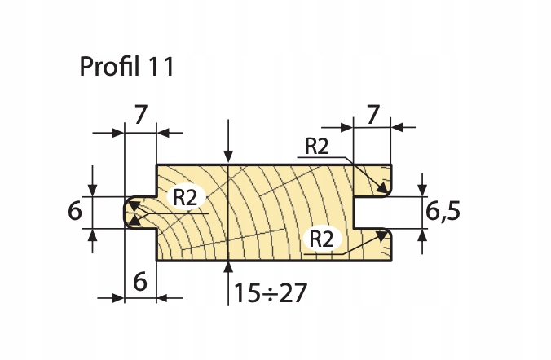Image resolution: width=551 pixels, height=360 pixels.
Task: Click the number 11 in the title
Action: click(161, 67)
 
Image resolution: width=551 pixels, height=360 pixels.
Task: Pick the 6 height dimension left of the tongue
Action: click(75, 212)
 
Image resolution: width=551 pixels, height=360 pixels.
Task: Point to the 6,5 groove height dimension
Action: click(444, 212)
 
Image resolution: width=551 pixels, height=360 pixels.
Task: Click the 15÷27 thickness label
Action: click(269, 292)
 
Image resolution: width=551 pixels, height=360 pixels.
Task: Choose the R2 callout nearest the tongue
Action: click(185, 198)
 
